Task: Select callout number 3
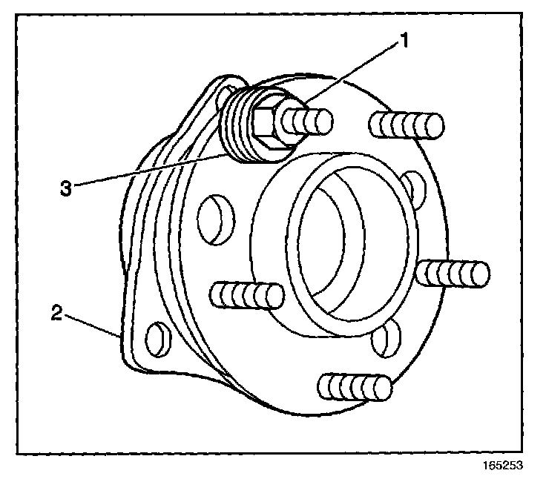[x=66, y=187]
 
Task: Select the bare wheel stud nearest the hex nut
[x=406, y=124]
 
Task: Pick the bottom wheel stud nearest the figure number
[x=354, y=387]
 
